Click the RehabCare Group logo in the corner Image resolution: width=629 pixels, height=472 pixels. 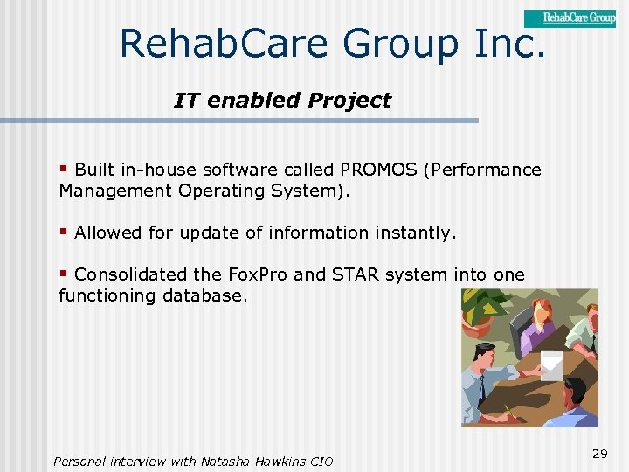[x=569, y=18]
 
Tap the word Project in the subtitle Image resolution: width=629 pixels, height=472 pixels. [x=349, y=101]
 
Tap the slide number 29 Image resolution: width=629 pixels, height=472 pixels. [x=599, y=453]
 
